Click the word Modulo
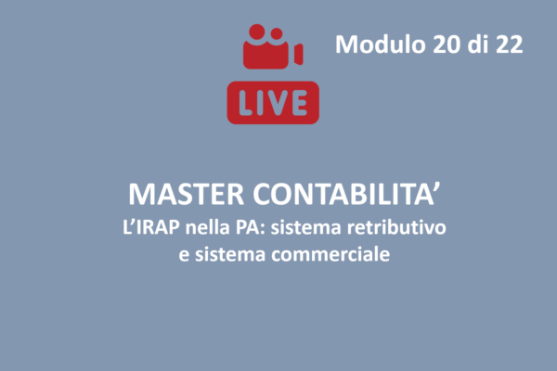(x=381, y=45)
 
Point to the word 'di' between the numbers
(x=478, y=45)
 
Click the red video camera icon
(x=273, y=46)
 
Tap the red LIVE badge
(x=273, y=103)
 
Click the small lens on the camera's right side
(x=298, y=55)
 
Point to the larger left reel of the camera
(x=257, y=32)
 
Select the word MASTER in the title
(x=187, y=194)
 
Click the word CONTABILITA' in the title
(x=346, y=194)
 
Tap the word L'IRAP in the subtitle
(x=151, y=227)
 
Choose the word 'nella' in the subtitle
(x=208, y=227)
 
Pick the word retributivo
(x=396, y=227)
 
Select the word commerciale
(x=330, y=254)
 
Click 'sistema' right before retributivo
(x=306, y=227)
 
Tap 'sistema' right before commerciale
(x=230, y=254)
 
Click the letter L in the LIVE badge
(x=247, y=103)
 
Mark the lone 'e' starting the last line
(x=184, y=256)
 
